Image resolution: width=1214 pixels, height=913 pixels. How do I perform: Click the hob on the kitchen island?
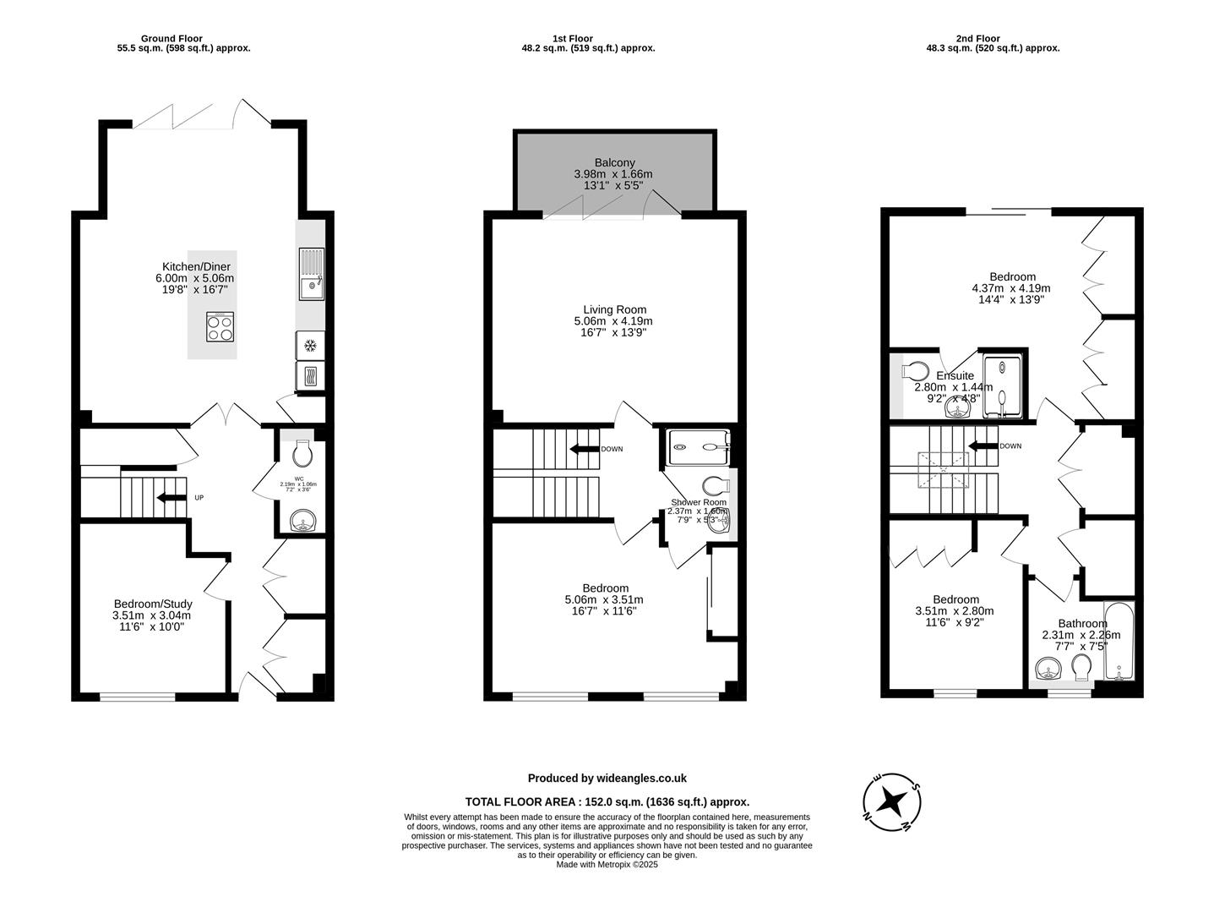pyautogui.click(x=220, y=326)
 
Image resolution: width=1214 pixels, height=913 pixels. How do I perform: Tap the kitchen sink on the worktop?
pyautogui.click(x=310, y=274)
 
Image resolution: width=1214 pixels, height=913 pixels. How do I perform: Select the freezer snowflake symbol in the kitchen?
pyautogui.click(x=310, y=345)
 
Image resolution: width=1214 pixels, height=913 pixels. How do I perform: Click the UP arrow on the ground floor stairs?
pyautogui.click(x=172, y=498)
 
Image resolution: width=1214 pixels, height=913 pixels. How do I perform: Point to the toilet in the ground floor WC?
pyautogui.click(x=302, y=454)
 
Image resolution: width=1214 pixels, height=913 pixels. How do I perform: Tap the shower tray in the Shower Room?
pyautogui.click(x=698, y=447)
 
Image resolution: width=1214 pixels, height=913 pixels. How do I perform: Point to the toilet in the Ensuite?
pyautogui.click(x=914, y=370)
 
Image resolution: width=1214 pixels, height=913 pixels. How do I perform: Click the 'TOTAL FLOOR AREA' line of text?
pyautogui.click(x=607, y=801)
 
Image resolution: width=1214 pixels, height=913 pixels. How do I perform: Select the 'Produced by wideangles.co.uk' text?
pyautogui.click(x=607, y=779)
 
